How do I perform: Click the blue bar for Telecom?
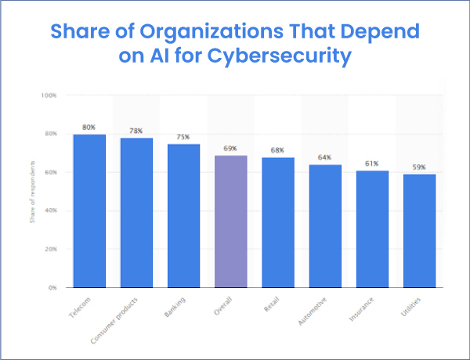point(89,211)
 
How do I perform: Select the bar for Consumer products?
point(136,213)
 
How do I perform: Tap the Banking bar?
point(183,215)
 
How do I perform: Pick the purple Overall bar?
point(230,221)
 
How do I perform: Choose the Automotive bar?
point(325,226)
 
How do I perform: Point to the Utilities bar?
point(420,231)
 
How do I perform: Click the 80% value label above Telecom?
point(89,127)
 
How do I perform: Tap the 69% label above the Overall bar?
point(230,148)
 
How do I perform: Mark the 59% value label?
point(420,167)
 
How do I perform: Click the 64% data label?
point(325,157)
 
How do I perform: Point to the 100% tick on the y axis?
point(49,95)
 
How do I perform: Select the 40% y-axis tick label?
point(50,211)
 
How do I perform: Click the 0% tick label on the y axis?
point(52,287)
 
